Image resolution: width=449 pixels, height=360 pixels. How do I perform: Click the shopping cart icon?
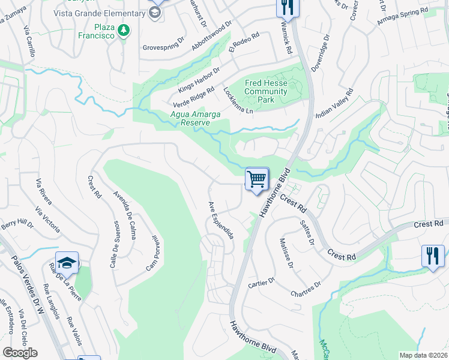point(256,179)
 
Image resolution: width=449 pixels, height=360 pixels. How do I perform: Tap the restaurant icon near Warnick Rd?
point(288,7)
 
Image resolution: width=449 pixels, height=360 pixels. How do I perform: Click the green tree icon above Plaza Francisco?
point(124,30)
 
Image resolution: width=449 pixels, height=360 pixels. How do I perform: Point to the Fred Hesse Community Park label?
point(266,92)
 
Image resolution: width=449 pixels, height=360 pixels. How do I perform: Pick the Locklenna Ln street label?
point(238,100)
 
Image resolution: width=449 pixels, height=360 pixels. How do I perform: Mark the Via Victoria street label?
point(47,219)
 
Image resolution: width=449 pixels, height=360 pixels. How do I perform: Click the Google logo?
point(20,352)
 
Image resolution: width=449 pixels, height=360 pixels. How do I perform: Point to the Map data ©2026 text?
point(423,355)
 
